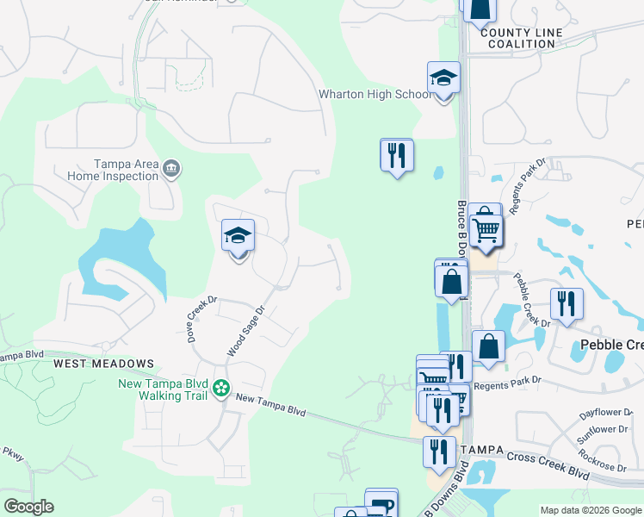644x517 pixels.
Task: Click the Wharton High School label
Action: (374, 94)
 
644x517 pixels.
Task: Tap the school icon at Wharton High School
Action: (444, 78)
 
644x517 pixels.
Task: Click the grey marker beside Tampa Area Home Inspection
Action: (171, 167)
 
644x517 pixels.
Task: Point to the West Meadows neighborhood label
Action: (103, 364)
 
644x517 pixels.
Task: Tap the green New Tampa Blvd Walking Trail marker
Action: (221, 389)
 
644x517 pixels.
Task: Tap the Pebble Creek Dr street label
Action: (531, 299)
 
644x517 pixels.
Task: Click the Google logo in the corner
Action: (28, 507)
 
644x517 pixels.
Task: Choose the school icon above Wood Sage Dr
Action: (238, 235)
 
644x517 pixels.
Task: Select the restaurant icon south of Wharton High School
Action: (397, 156)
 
